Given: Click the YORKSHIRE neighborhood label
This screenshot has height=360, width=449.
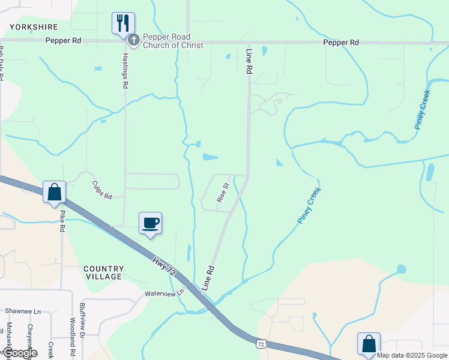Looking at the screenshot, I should click(33, 27).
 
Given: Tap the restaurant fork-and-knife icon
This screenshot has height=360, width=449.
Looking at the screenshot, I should click(123, 23).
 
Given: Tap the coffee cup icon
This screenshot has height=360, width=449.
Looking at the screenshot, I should click(151, 223).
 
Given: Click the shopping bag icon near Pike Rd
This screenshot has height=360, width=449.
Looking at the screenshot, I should click(54, 193).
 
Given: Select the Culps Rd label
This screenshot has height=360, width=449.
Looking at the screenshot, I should click(102, 190).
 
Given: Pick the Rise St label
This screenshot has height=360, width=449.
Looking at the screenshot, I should click(223, 193).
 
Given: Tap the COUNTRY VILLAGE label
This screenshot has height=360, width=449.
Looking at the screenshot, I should click(103, 272).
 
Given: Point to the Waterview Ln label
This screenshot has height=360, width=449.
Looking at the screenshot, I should click(163, 294).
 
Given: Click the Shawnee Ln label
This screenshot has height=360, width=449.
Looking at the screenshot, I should click(23, 311).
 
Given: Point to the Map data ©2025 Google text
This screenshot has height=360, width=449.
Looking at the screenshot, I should click(412, 356).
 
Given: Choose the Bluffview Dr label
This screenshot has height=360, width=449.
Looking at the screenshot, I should click(82, 318).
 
